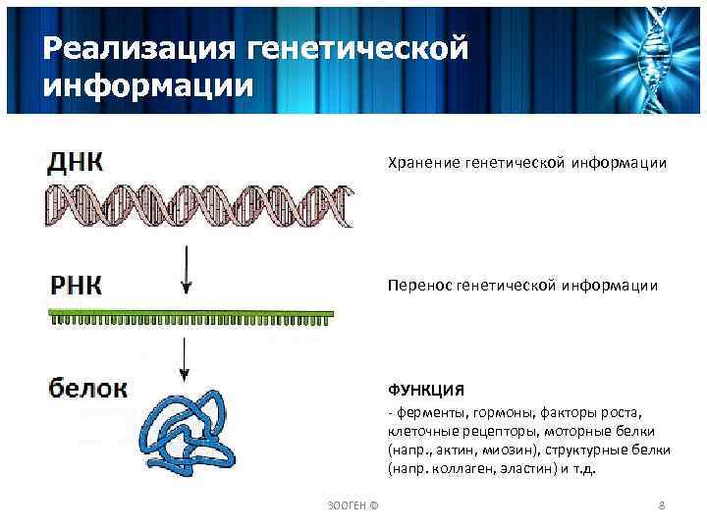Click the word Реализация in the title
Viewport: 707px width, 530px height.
pos(126,47)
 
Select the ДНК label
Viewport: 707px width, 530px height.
pos(75,162)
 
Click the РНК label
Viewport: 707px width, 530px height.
pos(76,285)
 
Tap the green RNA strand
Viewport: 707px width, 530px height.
pos(191,316)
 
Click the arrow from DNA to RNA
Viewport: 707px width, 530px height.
pos(187,270)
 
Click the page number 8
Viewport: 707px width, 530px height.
pos(661,504)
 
